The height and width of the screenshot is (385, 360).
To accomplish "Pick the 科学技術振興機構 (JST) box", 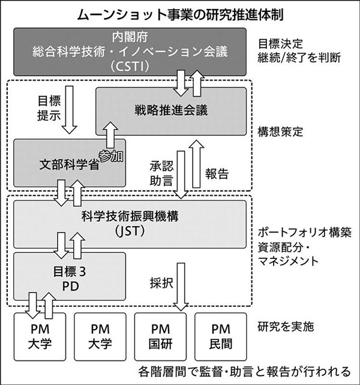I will [x=129, y=222].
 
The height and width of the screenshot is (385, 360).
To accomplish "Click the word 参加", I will [x=109, y=155].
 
